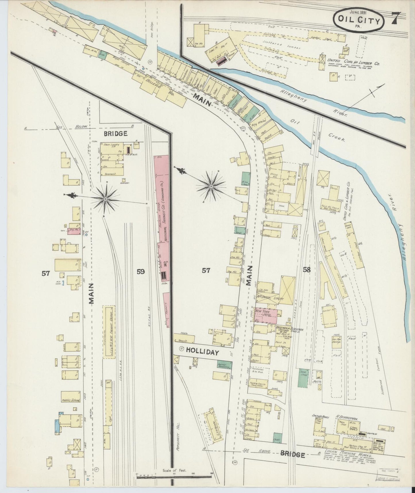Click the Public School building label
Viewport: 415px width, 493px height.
click(x=70, y=400)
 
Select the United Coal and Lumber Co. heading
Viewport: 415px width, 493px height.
click(x=353, y=61)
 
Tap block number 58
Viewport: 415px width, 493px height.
click(x=307, y=270)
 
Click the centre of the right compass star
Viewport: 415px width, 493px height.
click(x=211, y=187)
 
